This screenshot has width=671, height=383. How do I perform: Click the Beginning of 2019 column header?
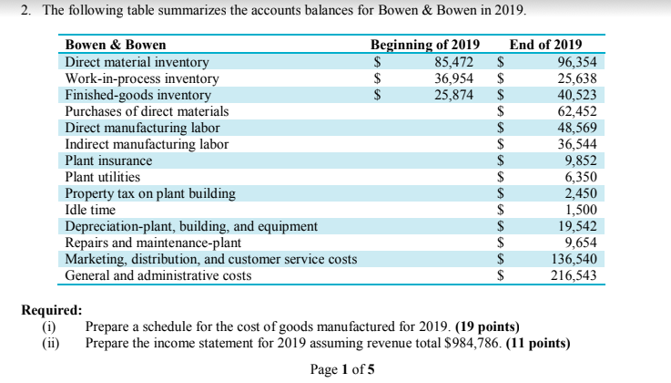424,46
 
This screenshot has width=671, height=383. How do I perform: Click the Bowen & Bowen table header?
116,46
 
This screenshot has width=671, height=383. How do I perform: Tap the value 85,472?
456,62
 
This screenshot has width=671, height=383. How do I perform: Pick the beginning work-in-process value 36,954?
456,78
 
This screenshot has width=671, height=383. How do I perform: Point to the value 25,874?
456,95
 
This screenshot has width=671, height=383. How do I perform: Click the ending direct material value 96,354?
576,62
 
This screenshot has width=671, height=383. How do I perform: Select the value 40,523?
576,95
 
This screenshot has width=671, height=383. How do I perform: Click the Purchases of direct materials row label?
147,111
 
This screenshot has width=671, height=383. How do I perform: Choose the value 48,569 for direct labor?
576,128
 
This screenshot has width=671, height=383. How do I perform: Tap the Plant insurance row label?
108,160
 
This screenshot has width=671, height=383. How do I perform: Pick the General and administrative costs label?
158,274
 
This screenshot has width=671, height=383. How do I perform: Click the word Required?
51,310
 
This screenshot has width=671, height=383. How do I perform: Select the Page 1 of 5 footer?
341,369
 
